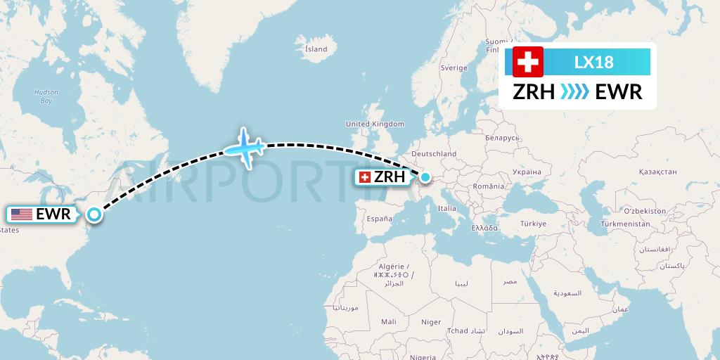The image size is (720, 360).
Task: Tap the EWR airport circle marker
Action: (x=94, y=216)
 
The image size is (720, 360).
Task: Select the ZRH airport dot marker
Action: (x=425, y=177)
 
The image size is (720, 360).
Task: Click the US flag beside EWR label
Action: (x=22, y=214)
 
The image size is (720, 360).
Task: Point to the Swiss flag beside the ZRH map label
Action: (x=365, y=177)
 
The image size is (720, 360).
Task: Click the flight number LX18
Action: (x=593, y=62)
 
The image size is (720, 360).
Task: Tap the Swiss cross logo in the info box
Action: (x=528, y=62)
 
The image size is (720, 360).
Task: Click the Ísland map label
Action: (x=316, y=49)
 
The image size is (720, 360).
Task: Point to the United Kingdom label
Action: (x=375, y=124)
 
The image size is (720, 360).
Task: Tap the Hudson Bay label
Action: (x=46, y=96)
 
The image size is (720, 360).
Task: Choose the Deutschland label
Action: (x=434, y=153)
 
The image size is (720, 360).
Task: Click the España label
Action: (x=378, y=219)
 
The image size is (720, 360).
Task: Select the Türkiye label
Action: (x=533, y=224)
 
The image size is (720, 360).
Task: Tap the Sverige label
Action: (x=454, y=68)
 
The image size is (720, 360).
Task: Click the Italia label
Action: (x=446, y=208)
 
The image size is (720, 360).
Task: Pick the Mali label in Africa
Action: (x=388, y=321)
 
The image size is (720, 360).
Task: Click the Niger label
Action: (x=431, y=322)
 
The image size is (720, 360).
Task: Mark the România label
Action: (x=489, y=186)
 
